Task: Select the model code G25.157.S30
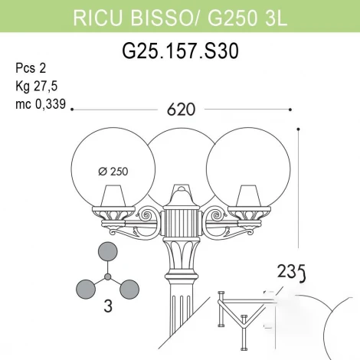click(x=180, y=51)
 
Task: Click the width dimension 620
click(x=182, y=110)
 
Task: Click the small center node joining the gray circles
click(x=108, y=276)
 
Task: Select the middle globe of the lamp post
click(x=181, y=157)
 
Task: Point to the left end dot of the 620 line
click(x=71, y=110)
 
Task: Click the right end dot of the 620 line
click(x=291, y=110)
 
